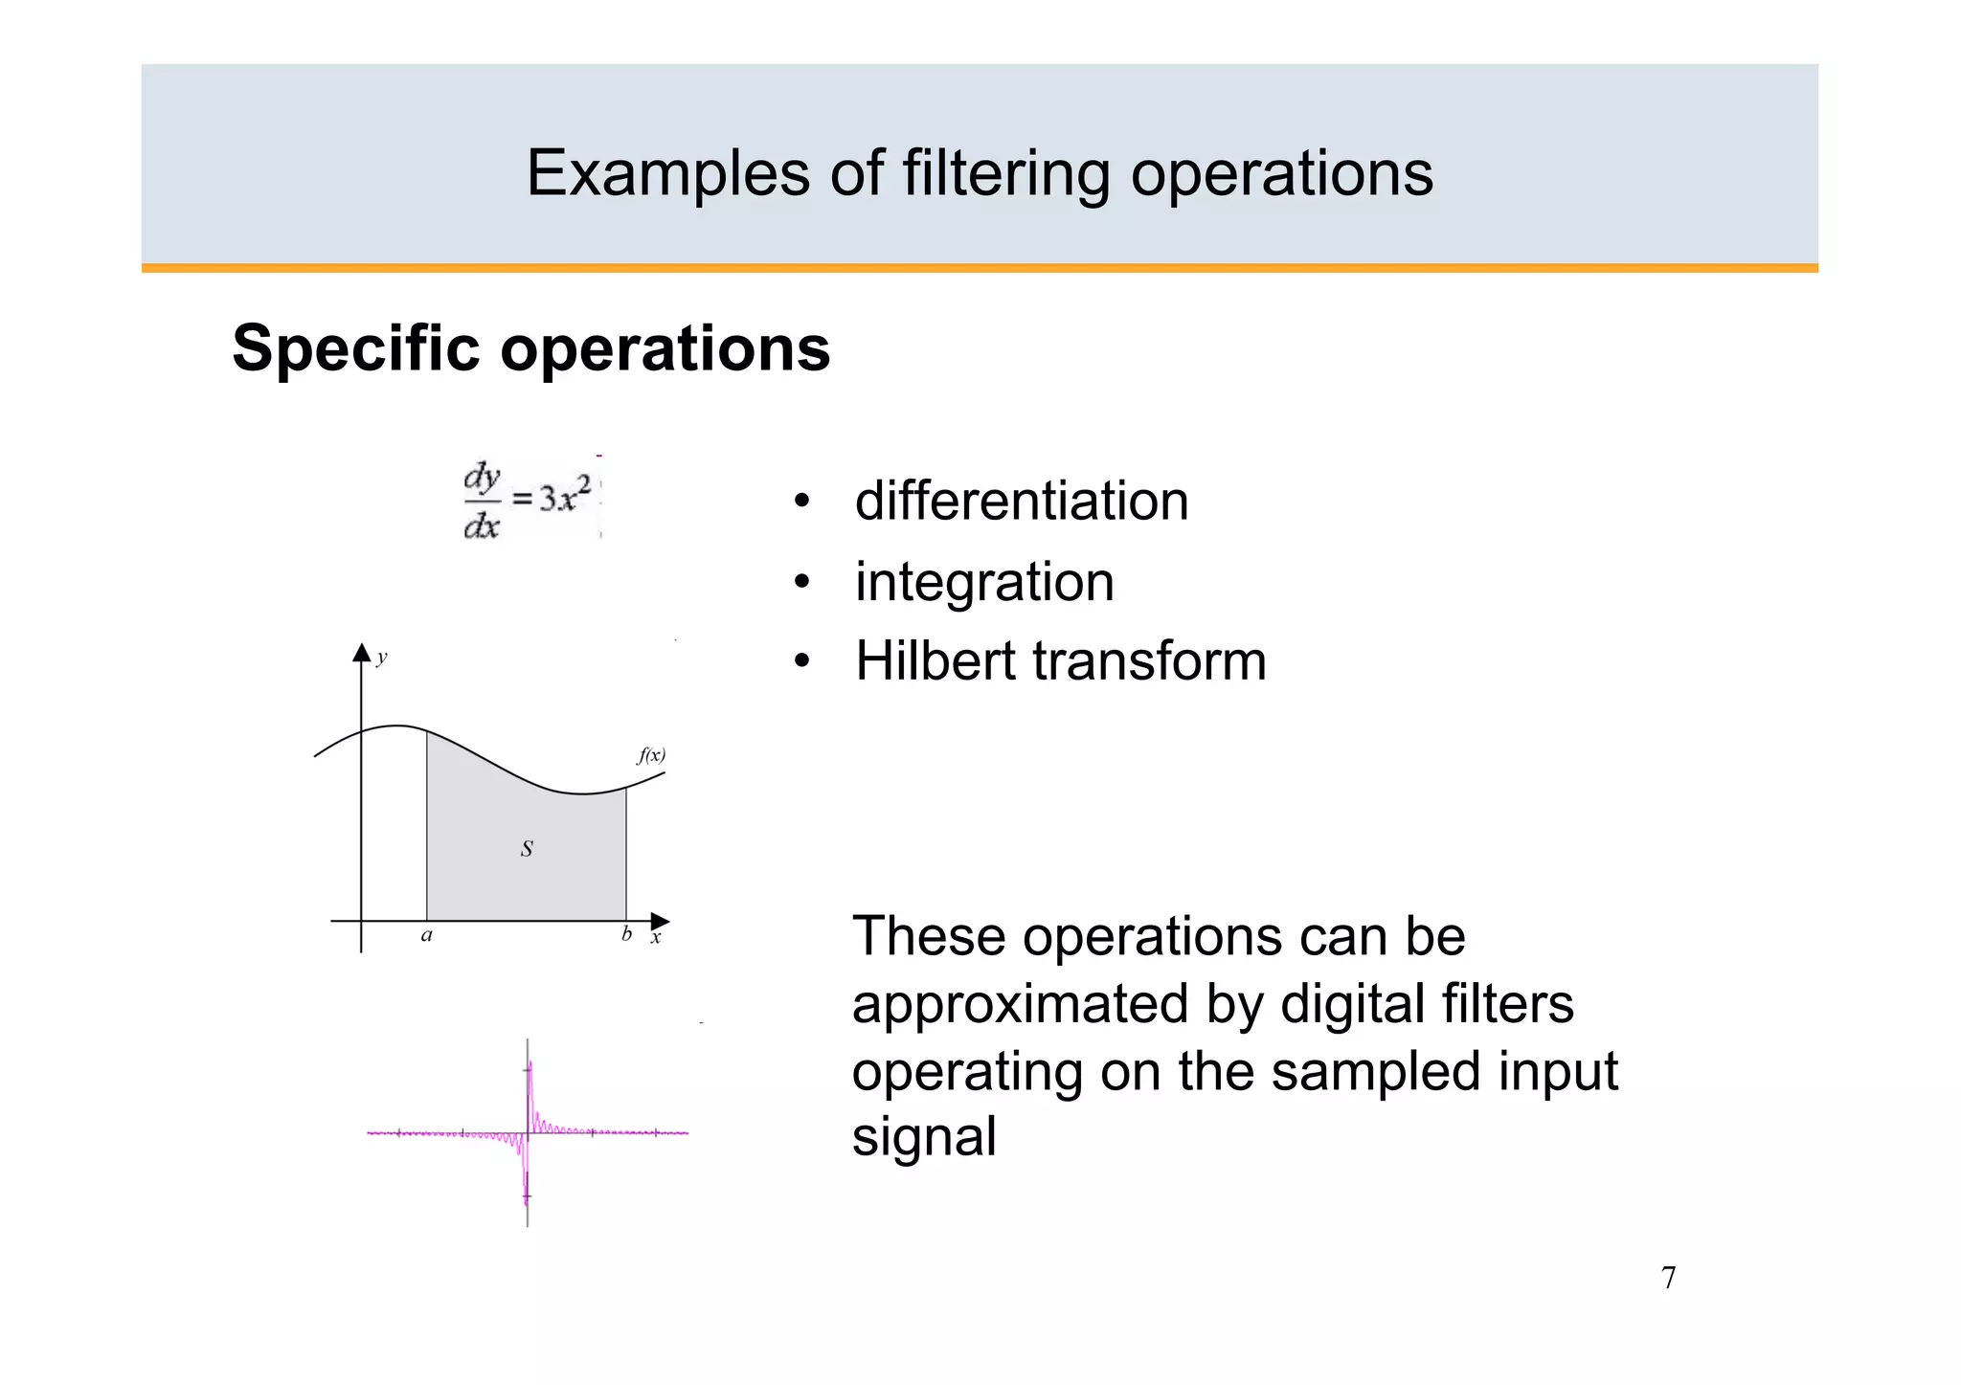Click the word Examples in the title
(668, 173)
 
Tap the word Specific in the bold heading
(355, 347)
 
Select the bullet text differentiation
(1022, 501)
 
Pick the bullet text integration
(984, 581)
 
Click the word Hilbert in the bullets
(935, 660)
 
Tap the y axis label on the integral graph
(382, 658)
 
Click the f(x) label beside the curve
(651, 755)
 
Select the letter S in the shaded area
(527, 848)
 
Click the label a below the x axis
(427, 935)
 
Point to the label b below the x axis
(626, 934)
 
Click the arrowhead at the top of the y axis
(361, 652)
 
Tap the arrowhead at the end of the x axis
(660, 921)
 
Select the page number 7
(1668, 1278)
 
